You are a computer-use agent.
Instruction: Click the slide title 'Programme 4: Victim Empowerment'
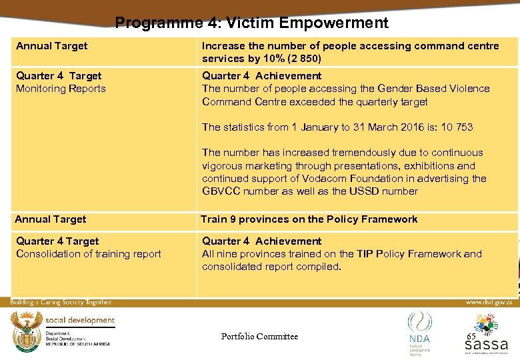[251, 23]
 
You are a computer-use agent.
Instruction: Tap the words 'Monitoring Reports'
[61, 89]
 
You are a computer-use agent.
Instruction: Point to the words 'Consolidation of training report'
[89, 254]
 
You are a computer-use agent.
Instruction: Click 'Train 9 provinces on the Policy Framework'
[309, 219]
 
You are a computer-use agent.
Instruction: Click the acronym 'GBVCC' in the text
[221, 191]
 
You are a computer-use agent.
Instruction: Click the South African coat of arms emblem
[26, 329]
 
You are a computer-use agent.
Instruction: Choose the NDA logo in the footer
[419, 330]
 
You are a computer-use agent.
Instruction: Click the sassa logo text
[486, 345]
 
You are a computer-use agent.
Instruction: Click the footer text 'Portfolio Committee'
[259, 337]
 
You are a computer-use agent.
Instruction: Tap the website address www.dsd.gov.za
[488, 302]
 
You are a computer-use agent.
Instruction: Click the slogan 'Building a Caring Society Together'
[61, 303]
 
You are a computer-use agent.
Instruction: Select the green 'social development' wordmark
[80, 321]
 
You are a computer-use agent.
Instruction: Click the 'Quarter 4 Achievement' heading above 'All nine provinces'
[261, 241]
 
